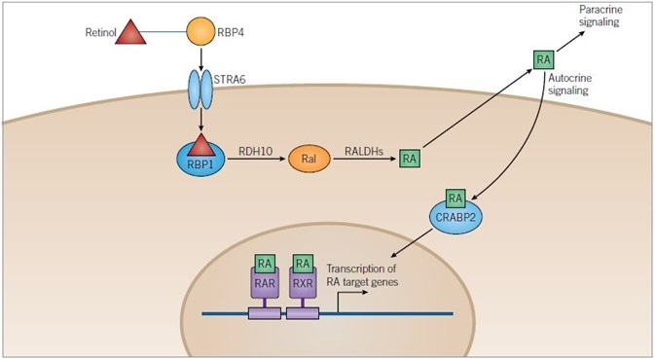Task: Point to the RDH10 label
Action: click(x=255, y=152)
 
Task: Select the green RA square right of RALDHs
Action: click(x=411, y=158)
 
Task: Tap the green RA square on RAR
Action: click(x=264, y=263)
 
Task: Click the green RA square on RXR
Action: click(x=303, y=263)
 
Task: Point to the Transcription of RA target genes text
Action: click(x=367, y=276)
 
